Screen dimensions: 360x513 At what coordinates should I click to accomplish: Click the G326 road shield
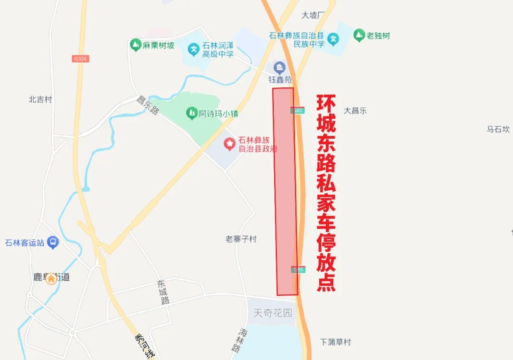(81, 59)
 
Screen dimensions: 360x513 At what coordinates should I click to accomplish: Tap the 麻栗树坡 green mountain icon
(136, 45)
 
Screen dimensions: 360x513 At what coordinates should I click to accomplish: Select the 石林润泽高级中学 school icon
(193, 49)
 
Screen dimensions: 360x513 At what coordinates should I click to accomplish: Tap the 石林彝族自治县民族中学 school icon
(334, 39)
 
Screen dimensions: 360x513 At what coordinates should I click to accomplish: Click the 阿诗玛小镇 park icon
(192, 113)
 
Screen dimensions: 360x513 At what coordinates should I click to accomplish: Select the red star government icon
(230, 143)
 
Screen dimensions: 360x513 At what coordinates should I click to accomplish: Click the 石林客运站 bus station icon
(53, 243)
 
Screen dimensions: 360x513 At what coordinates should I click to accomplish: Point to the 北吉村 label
(40, 99)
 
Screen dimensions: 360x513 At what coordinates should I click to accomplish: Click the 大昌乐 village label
(355, 111)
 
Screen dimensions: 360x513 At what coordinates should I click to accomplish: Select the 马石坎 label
(498, 129)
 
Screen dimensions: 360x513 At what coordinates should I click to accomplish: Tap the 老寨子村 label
(241, 239)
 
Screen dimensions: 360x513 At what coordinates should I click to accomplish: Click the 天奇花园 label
(273, 313)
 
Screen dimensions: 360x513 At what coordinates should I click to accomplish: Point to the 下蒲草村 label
(335, 342)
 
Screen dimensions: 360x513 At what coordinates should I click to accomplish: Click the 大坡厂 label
(313, 15)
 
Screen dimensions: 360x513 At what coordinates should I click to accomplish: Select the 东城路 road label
(163, 292)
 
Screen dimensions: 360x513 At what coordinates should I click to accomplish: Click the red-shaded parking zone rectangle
(285, 190)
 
